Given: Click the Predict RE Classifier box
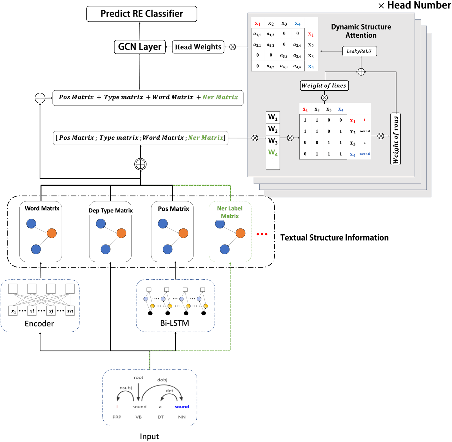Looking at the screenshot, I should [x=142, y=14].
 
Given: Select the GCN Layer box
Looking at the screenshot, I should [x=140, y=47].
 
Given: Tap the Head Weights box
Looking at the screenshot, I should [x=198, y=47].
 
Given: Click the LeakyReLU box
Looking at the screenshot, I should [x=359, y=51].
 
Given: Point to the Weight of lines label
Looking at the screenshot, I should [x=324, y=86].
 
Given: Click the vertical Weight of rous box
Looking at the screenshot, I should [x=395, y=139].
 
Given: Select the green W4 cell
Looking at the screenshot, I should [x=273, y=152].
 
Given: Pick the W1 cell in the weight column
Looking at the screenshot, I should [x=273, y=117].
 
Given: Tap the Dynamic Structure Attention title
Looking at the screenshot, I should [x=361, y=31].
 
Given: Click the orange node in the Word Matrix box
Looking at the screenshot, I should [x=52, y=233].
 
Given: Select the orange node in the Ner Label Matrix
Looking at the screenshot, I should [x=240, y=233].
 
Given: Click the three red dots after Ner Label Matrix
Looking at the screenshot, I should [x=262, y=234].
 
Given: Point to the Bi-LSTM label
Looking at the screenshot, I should [x=175, y=323].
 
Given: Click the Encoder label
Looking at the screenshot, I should [x=39, y=324].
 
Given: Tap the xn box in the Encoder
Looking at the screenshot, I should [x=70, y=311].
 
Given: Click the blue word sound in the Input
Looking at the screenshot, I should [x=182, y=407].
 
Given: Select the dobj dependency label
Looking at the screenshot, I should [x=162, y=380].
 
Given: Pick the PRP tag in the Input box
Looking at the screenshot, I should [x=117, y=417].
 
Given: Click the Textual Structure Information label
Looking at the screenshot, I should [x=334, y=238].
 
